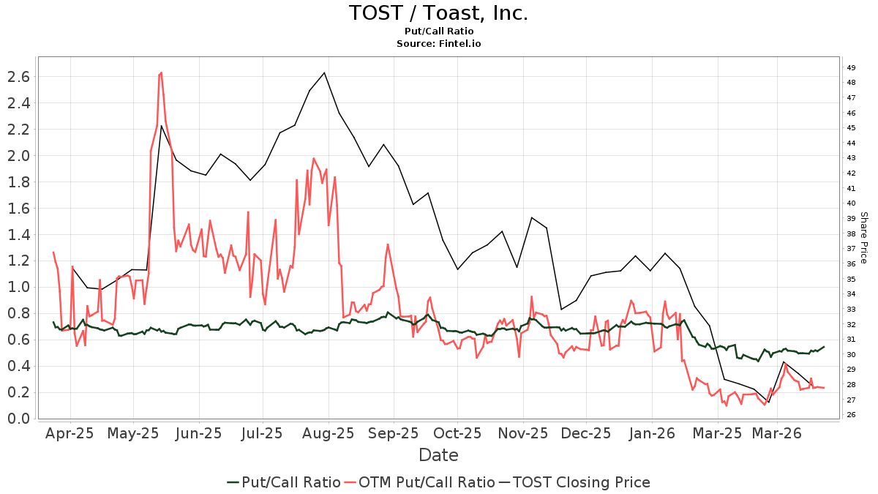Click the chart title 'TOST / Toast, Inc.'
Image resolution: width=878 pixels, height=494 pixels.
coord(438,13)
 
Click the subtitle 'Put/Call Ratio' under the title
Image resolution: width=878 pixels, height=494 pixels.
coord(438,31)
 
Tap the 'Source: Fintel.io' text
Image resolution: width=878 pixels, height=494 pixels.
coord(438,44)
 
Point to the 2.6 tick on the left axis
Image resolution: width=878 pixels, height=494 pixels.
coord(18,77)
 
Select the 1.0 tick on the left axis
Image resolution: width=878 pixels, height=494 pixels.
coord(18,287)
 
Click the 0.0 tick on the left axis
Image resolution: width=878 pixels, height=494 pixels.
coord(18,419)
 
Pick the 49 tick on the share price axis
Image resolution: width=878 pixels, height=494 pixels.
coord(852,68)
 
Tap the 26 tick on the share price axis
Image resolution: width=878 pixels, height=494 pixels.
coord(852,415)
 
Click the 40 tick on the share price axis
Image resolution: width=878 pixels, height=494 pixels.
coord(852,203)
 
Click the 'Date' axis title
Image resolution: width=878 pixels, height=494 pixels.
coord(438,455)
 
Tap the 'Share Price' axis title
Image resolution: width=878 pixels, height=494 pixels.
coord(863,238)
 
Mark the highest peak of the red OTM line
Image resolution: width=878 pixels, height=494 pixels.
coord(161,72)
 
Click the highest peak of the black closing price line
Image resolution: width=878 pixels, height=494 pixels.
coord(324,72)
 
